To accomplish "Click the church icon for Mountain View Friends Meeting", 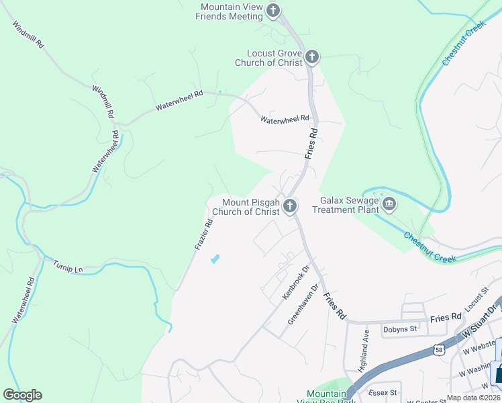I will coord(272,10).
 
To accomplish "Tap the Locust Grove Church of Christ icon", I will coord(311,56).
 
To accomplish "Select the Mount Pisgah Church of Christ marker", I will coord(289,206).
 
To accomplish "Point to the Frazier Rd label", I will coord(203,234).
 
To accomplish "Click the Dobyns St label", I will coord(400,329).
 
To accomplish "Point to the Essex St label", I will coord(385,392).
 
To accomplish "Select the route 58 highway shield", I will coord(438,350).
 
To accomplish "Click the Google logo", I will coord(22,395).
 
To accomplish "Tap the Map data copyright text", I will coord(474,398).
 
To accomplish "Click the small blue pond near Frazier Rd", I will coord(215,259).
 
